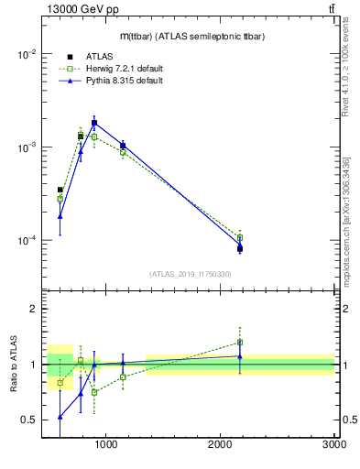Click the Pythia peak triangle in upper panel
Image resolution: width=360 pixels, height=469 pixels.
[x=94, y=123]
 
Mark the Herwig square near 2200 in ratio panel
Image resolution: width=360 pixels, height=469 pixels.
[x=240, y=343]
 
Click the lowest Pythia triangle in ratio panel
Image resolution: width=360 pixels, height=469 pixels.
[x=60, y=417]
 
